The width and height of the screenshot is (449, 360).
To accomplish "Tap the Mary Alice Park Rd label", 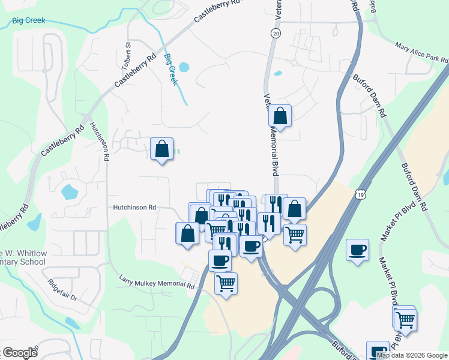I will click(421, 54).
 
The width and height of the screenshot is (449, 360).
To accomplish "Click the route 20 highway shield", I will click(276, 34).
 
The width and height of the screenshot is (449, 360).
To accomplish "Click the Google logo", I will click(19, 353).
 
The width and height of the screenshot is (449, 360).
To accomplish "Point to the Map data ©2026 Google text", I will click(411, 355).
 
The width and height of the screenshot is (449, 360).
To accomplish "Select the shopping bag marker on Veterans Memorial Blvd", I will click(280, 115).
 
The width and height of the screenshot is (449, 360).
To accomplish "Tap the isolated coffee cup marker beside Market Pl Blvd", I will click(358, 250).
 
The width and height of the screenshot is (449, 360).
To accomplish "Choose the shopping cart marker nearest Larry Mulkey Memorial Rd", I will click(226, 283).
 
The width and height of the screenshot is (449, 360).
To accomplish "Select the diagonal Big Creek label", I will click(170, 69).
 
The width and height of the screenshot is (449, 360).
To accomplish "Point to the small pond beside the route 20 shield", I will click(278, 74).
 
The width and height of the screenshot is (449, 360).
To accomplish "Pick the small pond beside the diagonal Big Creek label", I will click(184, 67).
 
